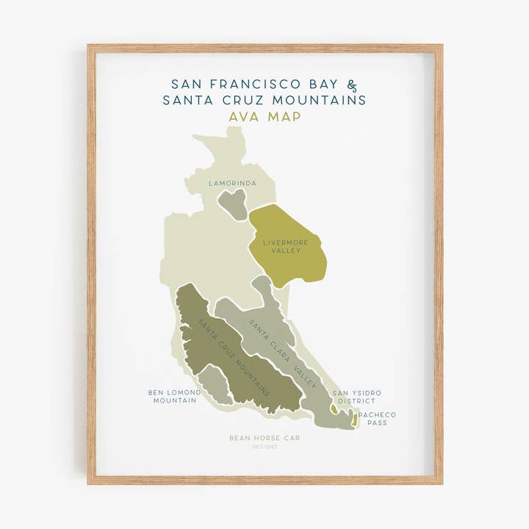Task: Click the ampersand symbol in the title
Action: click(352, 84)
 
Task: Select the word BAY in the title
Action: click(320, 84)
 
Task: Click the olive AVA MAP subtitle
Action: click(264, 116)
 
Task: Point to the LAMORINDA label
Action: click(232, 183)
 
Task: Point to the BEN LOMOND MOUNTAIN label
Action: click(174, 397)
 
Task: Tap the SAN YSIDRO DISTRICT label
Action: click(356, 397)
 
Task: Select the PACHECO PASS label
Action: click(377, 419)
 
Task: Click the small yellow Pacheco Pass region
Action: click(355, 419)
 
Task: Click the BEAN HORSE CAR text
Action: click(264, 438)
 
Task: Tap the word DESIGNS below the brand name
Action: click(264, 447)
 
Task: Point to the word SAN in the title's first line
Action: click(185, 84)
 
